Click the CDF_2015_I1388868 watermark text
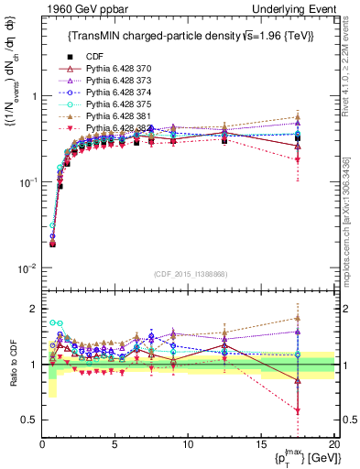coord(188,273)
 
